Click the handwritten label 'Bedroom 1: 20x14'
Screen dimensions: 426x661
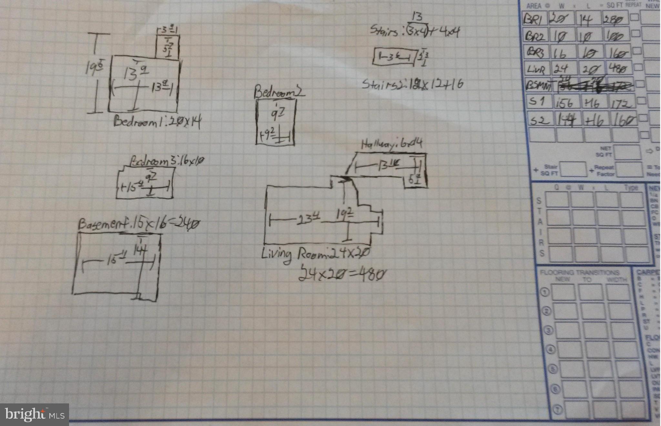pos(157,122)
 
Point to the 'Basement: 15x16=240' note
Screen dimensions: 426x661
pos(139,224)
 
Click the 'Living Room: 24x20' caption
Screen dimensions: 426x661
pos(315,254)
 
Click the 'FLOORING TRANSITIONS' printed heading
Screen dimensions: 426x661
pos(579,273)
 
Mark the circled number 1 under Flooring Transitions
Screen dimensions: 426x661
pos(544,292)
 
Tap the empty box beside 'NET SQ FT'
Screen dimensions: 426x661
pos(627,152)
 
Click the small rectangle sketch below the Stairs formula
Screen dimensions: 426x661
pos(393,58)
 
